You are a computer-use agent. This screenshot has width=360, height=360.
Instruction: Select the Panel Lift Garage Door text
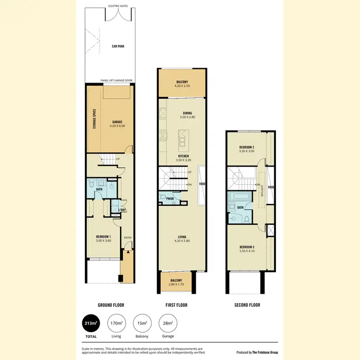(x=117, y=81)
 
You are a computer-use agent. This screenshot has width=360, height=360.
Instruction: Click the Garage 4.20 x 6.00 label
(x=118, y=123)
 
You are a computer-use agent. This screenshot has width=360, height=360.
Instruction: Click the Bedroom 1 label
(x=103, y=238)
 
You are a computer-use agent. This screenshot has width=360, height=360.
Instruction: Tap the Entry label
(x=128, y=238)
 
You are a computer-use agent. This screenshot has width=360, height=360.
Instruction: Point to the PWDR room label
(x=170, y=198)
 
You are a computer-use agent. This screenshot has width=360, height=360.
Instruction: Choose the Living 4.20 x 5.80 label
(x=182, y=238)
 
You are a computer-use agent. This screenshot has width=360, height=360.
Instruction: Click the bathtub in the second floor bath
(x=238, y=197)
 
